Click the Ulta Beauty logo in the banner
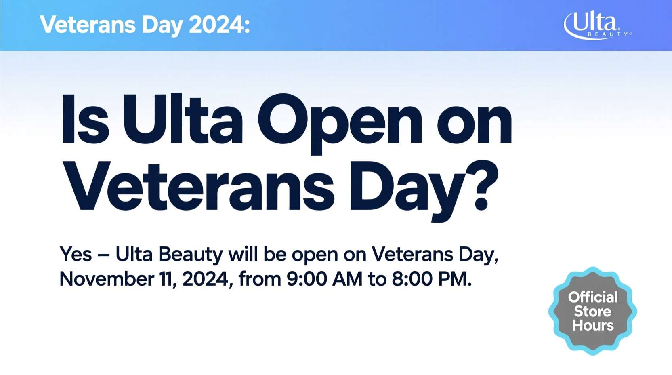pos(597,25)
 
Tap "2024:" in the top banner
pos(219,25)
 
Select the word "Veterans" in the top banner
pos(88,25)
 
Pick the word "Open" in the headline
pos(340,124)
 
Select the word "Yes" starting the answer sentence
pos(76,254)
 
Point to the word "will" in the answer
pos(243,254)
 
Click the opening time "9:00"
pos(307,279)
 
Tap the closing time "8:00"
pos(412,279)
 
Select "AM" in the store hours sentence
pos(347,279)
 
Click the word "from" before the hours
pos(260,279)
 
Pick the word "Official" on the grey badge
pos(593,297)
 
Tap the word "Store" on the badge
pos(592,312)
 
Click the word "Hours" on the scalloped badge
pos(593,325)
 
